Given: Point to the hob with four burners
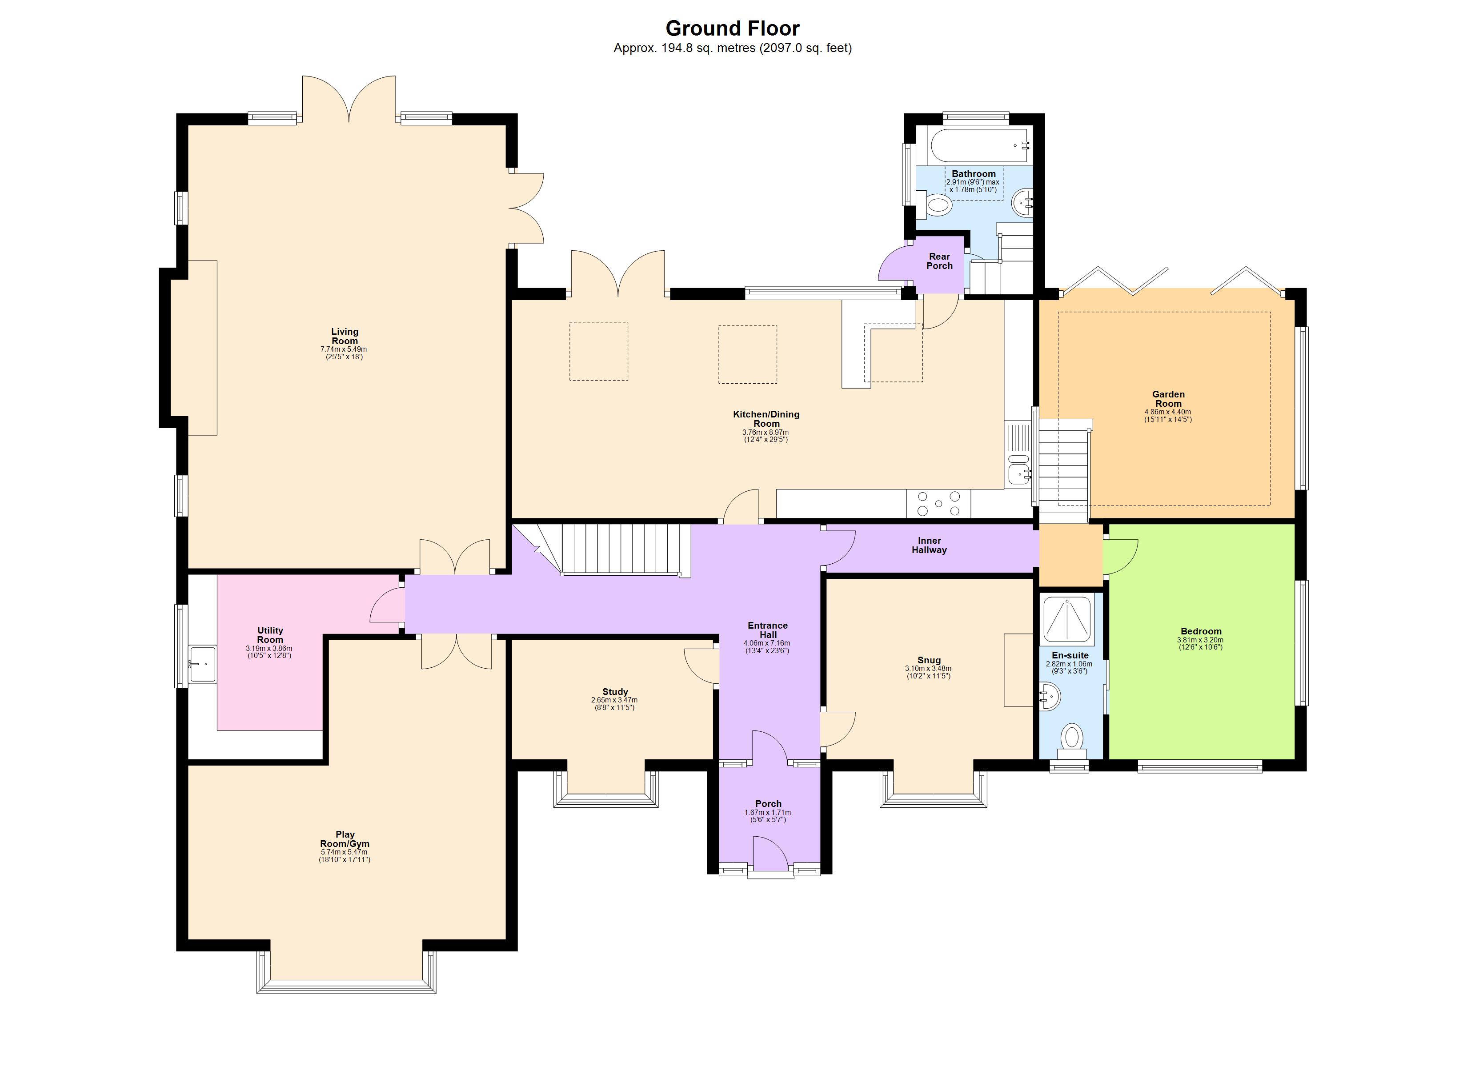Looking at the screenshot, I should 938,504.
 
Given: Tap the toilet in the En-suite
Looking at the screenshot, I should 1072,739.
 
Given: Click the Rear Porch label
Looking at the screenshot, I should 939,261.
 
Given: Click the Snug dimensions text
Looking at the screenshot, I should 928,672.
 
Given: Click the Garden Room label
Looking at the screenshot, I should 1168,399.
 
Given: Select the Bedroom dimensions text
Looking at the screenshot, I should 1201,643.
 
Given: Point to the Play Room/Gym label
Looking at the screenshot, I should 345,839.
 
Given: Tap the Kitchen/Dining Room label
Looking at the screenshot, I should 766,419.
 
